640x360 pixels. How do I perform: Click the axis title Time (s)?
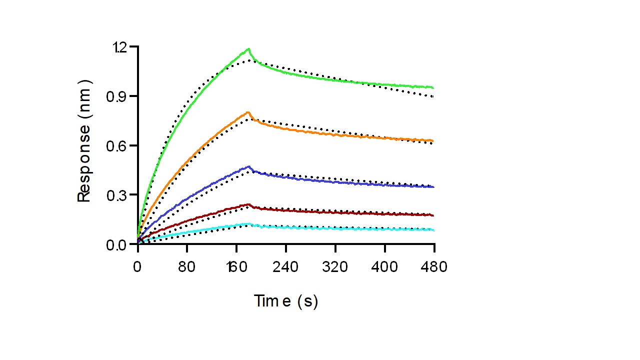tap(285, 301)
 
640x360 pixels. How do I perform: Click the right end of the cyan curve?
tap(433, 230)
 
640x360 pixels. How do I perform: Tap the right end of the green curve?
tap(433, 88)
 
